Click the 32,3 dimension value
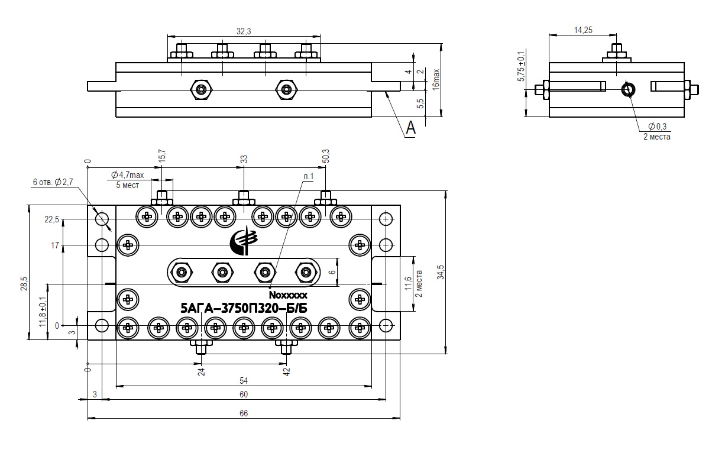click(244, 31)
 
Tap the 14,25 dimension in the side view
click(583, 30)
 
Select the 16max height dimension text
click(436, 79)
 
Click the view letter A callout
click(410, 128)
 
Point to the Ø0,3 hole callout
click(658, 127)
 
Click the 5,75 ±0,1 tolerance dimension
click(522, 66)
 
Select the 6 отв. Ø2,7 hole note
click(53, 182)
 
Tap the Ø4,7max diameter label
click(128, 175)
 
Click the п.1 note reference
click(308, 176)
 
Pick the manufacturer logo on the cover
click(244, 241)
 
